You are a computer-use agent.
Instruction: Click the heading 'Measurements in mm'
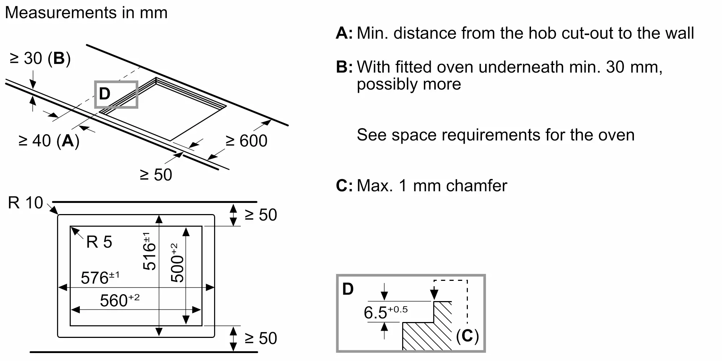tap(86, 13)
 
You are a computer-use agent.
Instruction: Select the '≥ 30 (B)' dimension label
tap(40, 58)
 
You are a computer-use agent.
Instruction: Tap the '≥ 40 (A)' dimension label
tap(49, 141)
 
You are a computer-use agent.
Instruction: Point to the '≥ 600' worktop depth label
tap(247, 141)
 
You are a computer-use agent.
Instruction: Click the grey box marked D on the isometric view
tap(116, 94)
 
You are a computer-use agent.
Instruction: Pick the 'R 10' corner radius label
tap(25, 203)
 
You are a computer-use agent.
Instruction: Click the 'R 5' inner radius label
tap(99, 242)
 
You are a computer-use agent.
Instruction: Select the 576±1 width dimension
tap(100, 278)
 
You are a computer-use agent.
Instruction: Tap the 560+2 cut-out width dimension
tap(119, 301)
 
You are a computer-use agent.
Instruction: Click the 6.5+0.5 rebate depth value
tap(385, 312)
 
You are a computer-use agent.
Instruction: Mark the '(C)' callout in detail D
tap(467, 336)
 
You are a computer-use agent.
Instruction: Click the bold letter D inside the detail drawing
tap(348, 289)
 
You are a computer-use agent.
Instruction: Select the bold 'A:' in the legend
tap(344, 33)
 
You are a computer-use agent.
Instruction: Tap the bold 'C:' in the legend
tap(344, 186)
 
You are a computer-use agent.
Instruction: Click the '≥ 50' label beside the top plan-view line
tap(261, 215)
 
